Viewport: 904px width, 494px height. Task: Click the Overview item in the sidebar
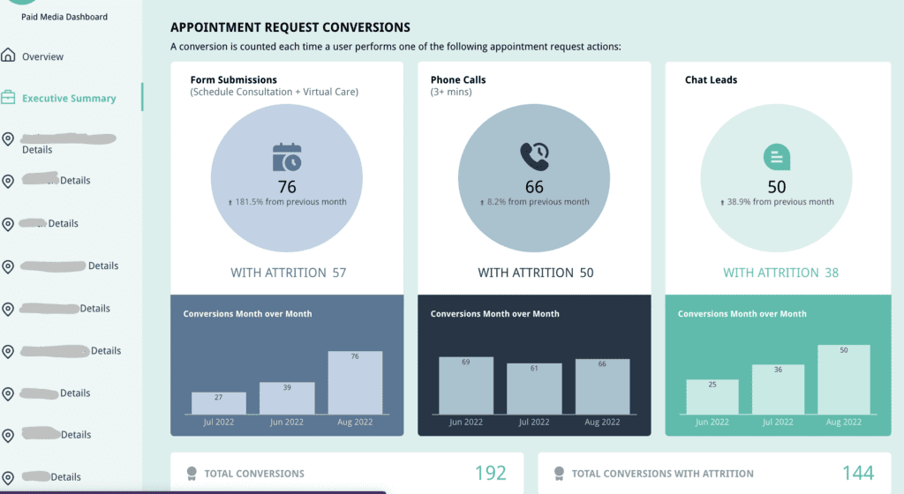coord(42,56)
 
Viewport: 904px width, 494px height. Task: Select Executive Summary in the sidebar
coord(69,98)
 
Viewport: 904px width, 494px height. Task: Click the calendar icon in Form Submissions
coord(287,157)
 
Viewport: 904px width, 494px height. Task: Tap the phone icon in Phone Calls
coord(534,157)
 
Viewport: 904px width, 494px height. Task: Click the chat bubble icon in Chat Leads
coord(776,157)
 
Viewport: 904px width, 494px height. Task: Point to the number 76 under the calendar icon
coord(287,187)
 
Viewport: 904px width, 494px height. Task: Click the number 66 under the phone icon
coord(534,187)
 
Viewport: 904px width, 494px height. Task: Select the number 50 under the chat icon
coord(777,187)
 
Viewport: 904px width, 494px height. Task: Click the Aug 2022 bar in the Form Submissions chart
coord(355,384)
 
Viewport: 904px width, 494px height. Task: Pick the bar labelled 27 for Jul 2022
coord(218,403)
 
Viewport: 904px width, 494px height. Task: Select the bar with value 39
coord(287,398)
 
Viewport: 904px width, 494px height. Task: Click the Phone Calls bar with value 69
coord(466,385)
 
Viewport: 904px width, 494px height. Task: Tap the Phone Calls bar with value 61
coord(534,389)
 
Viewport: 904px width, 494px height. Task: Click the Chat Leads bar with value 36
coord(778,390)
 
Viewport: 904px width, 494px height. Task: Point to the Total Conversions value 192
coord(491,474)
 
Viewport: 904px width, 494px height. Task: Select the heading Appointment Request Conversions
coord(290,28)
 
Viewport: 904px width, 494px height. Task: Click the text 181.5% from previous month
coord(290,202)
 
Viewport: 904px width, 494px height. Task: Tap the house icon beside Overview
coord(9,56)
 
